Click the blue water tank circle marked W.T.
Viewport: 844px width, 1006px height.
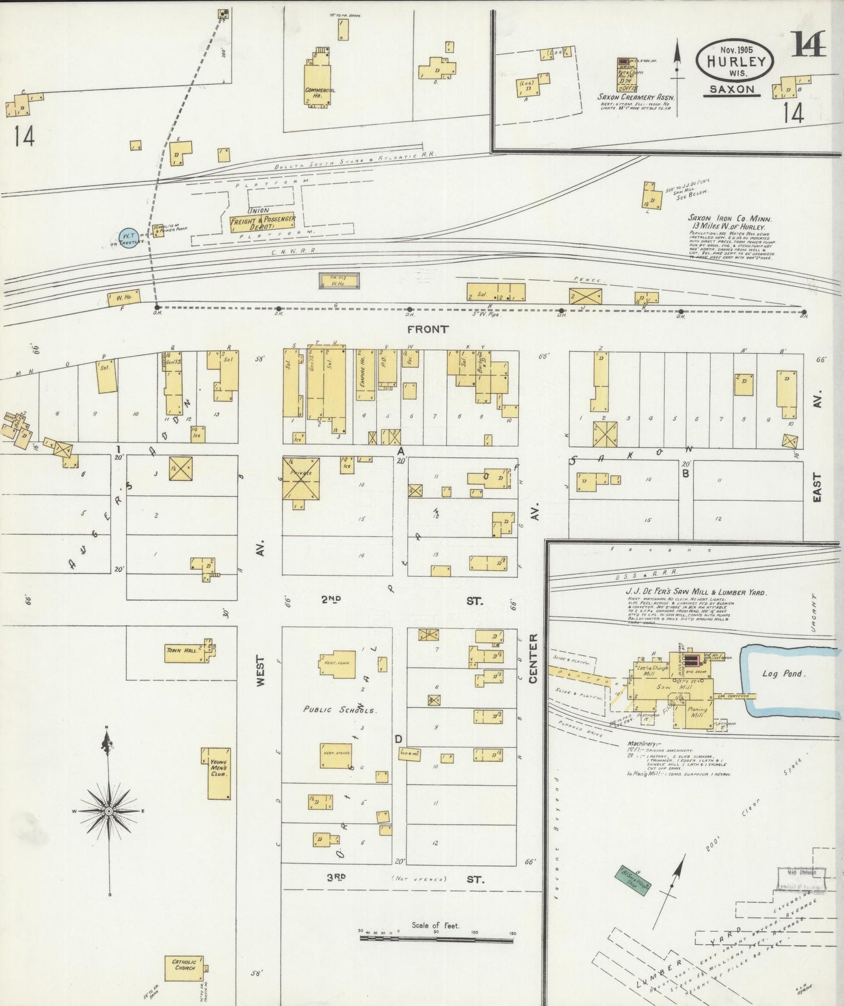pyautogui.click(x=129, y=238)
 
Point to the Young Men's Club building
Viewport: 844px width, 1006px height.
pyautogui.click(x=219, y=772)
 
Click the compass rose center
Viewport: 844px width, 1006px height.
pyautogui.click(x=109, y=812)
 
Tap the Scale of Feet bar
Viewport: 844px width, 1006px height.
pyautogui.click(x=435, y=938)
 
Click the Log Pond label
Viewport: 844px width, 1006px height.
pyautogui.click(x=782, y=673)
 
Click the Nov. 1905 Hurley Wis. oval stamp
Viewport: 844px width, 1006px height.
pyautogui.click(x=735, y=61)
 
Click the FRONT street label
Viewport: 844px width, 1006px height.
pyautogui.click(x=428, y=329)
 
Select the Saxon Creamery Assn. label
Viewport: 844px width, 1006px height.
pyautogui.click(x=635, y=97)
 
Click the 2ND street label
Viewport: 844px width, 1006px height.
pyautogui.click(x=331, y=600)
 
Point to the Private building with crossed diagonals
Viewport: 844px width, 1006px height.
pyautogui.click(x=301, y=478)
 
